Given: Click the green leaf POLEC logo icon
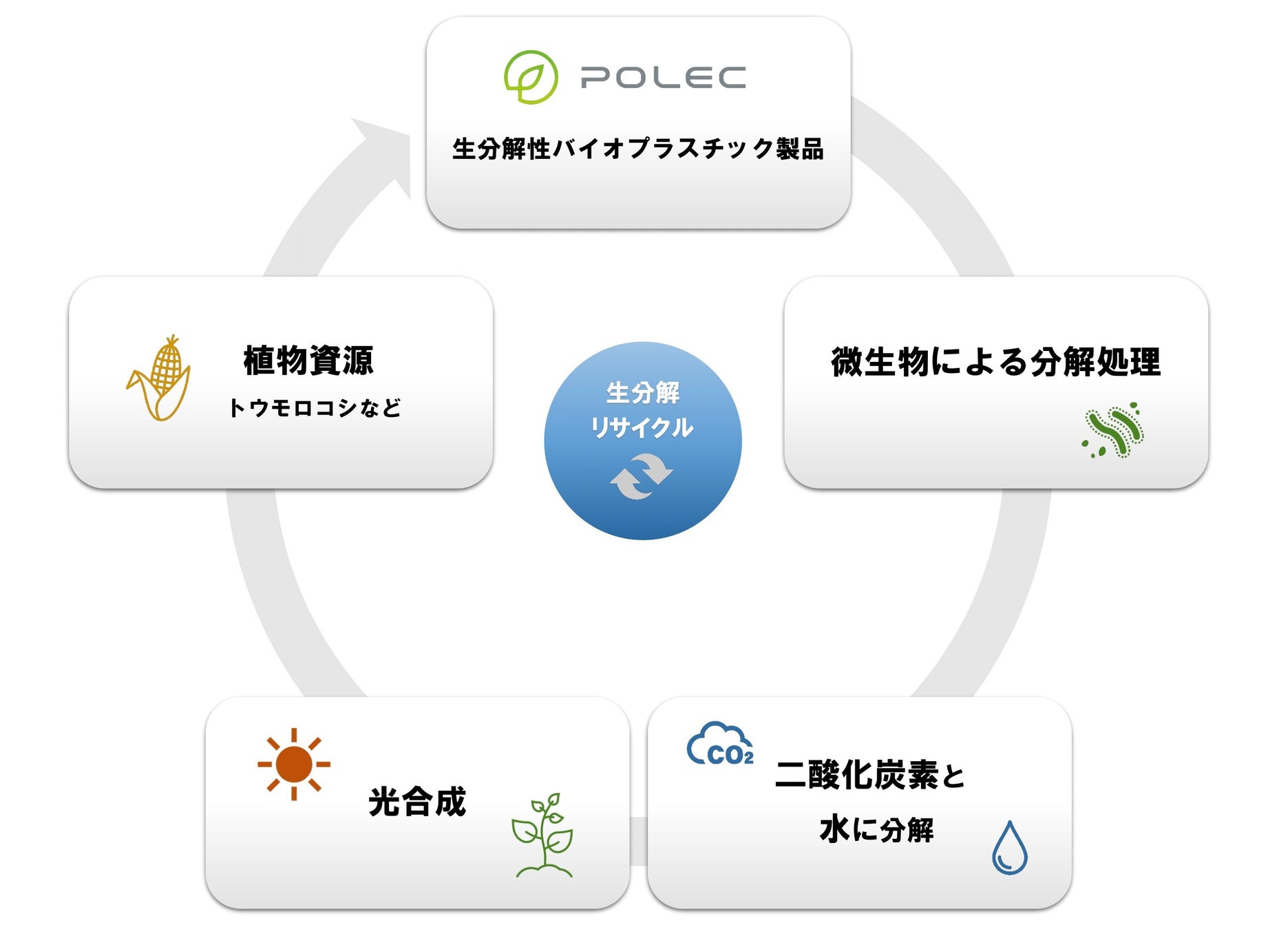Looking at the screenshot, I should click(x=531, y=77).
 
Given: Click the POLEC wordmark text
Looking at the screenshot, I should click(x=663, y=78).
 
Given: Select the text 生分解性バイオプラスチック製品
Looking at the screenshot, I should click(x=637, y=149).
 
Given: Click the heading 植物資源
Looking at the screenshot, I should click(x=308, y=361).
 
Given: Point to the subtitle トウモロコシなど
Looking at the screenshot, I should click(x=314, y=408).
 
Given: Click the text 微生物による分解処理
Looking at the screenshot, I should click(x=995, y=362).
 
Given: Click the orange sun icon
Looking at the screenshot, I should click(x=294, y=764).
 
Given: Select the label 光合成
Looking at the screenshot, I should click(x=417, y=802).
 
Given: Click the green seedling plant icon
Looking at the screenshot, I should click(x=544, y=836).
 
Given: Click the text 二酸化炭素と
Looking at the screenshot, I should click(x=870, y=775).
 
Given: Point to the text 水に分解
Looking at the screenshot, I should click(x=876, y=830).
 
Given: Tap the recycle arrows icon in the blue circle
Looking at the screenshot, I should click(x=642, y=476).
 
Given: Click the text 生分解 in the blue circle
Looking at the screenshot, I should click(x=642, y=393).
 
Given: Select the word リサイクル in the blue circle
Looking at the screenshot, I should click(x=642, y=427).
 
